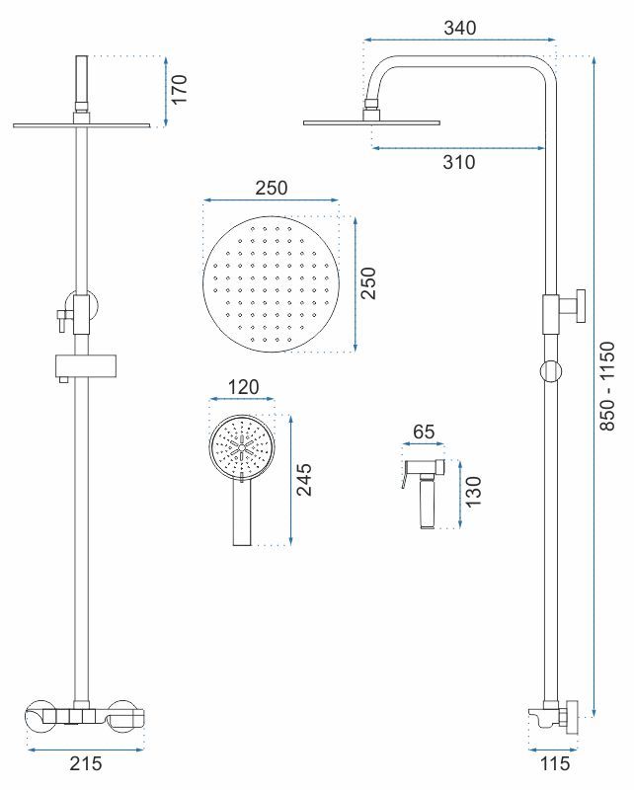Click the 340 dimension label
coord(459,28)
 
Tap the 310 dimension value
coord(458,162)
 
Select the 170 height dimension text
coord(179,89)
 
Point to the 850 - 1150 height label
coord(607,386)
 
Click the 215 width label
coord(86,763)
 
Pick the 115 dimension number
coord(555,763)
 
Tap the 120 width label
coord(243,387)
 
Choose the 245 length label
coord(303,480)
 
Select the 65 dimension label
coord(424,432)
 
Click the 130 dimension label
coord(473,492)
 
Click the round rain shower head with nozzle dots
coord(272,284)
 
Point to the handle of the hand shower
coord(242,513)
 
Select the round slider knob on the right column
coord(551,371)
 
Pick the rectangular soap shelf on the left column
coord(86,365)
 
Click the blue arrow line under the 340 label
coord(459,39)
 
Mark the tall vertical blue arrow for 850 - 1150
coord(594,386)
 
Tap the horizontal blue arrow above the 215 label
coord(86,750)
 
